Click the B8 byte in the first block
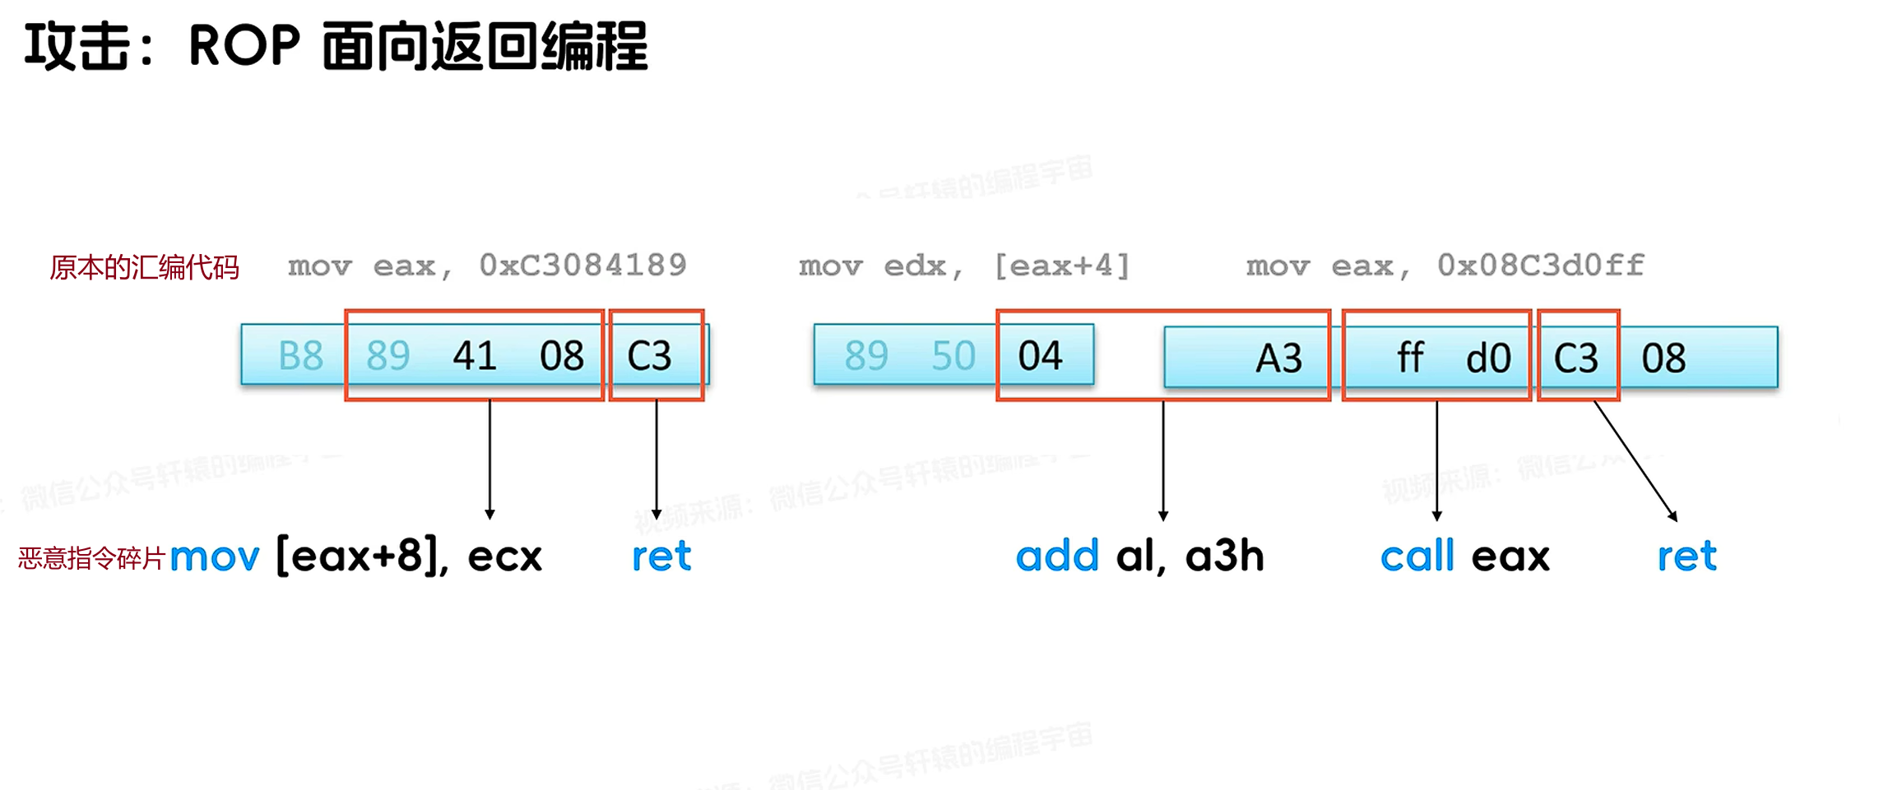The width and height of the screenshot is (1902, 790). [300, 356]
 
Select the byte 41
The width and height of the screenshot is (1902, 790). [475, 356]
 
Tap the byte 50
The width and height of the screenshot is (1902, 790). [953, 356]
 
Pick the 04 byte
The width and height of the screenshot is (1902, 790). [1040, 356]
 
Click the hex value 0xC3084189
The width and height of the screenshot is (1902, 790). [582, 266]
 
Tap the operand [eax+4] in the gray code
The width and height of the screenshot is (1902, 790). [1061, 266]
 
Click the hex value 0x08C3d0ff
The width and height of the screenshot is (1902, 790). [1540, 266]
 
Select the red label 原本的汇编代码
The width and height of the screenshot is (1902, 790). [144, 268]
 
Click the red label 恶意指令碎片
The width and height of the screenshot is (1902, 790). [91, 559]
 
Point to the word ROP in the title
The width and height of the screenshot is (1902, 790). [244, 45]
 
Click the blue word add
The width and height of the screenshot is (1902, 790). [1057, 557]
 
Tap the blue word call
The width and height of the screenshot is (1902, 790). [1417, 557]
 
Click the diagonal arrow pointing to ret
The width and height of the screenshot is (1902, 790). [1635, 461]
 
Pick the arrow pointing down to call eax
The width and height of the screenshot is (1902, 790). [1436, 460]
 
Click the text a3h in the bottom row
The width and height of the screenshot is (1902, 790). [1224, 557]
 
